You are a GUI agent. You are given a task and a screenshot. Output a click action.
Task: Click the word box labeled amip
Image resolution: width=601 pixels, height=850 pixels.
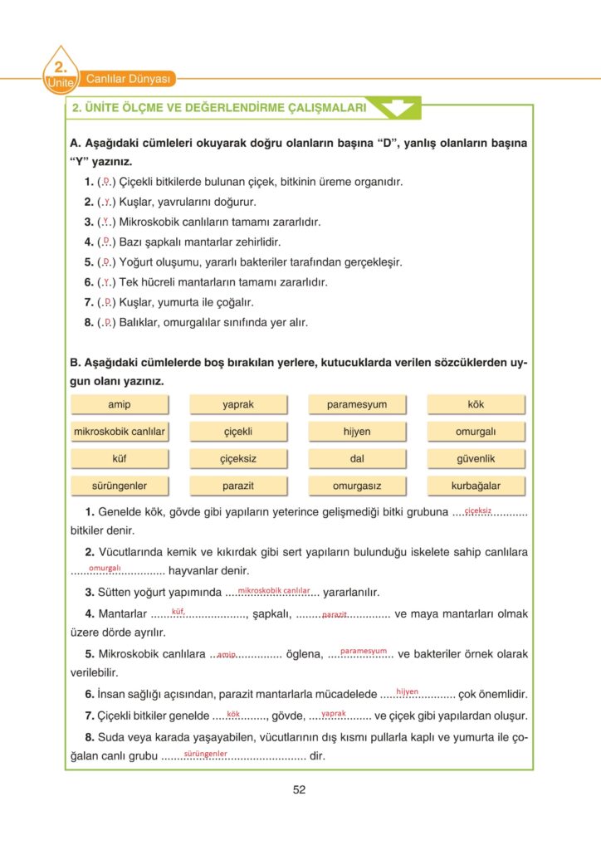tap(120, 404)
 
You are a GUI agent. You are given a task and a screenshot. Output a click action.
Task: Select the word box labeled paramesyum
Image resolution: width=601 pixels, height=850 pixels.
tap(357, 404)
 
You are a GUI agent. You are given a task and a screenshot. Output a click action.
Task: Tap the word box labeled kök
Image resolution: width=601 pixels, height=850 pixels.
tap(476, 404)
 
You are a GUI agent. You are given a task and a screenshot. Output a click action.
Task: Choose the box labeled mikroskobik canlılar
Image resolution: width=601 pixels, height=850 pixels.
tap(120, 432)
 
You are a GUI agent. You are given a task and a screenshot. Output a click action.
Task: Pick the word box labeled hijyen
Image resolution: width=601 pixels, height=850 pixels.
tap(357, 432)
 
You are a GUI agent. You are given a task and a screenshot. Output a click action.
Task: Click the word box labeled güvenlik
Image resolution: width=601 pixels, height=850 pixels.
tap(476, 458)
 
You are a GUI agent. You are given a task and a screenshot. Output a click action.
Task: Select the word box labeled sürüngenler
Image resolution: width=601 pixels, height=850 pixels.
tap(120, 486)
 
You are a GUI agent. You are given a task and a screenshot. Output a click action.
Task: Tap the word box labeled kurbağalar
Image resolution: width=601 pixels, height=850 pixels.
tap(476, 486)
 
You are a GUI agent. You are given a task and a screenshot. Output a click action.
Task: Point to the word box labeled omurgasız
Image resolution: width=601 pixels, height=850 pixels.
tap(357, 486)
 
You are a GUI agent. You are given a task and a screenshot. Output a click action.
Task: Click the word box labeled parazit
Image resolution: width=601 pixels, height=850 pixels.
tap(238, 486)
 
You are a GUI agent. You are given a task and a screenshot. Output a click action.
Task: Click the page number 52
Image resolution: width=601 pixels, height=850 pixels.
tap(300, 789)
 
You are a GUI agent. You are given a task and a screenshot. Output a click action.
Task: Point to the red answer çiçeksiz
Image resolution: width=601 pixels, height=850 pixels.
tap(478, 510)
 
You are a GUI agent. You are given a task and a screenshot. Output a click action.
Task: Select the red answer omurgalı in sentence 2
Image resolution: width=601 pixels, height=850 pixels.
tap(105, 568)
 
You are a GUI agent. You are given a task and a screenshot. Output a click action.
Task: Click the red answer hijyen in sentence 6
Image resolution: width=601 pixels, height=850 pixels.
tap(407, 691)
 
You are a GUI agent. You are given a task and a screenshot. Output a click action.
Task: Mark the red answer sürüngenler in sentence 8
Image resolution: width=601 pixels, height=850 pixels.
tap(206, 753)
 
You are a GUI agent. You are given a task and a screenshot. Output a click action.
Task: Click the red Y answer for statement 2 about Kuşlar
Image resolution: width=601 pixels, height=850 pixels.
tap(105, 201)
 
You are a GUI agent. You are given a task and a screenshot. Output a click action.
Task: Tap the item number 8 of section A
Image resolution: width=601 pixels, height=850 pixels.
tap(89, 322)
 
